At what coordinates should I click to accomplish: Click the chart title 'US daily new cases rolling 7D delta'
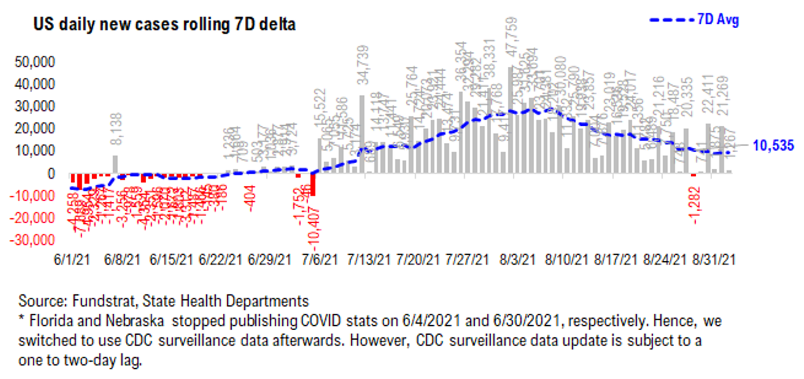pyautogui.click(x=164, y=24)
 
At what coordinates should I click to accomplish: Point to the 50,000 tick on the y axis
pyautogui.click(x=34, y=62)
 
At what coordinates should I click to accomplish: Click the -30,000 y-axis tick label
pyautogui.click(x=32, y=240)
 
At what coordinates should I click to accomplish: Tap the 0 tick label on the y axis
pyautogui.click(x=51, y=173)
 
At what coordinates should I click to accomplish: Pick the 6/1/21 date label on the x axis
pyautogui.click(x=72, y=260)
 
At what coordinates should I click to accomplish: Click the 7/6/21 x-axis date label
pyautogui.click(x=319, y=260)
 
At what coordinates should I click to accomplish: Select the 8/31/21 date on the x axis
pyautogui.click(x=714, y=260)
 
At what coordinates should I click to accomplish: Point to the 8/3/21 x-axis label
pyautogui.click(x=517, y=260)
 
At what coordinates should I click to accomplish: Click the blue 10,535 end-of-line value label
pyautogui.click(x=773, y=145)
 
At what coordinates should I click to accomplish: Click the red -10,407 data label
pyautogui.click(x=315, y=228)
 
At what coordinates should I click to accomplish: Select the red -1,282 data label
pyautogui.click(x=694, y=205)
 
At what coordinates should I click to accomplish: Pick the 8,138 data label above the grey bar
pyautogui.click(x=116, y=129)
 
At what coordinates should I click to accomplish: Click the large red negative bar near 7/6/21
pyautogui.click(x=313, y=184)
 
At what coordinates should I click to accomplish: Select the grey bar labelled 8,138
pyautogui.click(x=115, y=164)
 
